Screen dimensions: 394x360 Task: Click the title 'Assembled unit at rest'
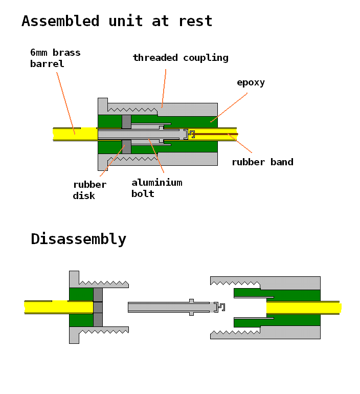click(117, 21)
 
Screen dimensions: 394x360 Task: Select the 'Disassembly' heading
click(78, 239)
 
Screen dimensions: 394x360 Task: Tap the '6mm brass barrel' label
click(55, 58)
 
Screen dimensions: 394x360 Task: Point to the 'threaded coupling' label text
click(181, 57)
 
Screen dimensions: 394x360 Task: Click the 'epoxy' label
click(251, 82)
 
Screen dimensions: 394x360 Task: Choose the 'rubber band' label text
click(262, 162)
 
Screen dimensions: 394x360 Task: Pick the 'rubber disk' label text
click(89, 190)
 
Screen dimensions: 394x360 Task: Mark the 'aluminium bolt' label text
click(156, 188)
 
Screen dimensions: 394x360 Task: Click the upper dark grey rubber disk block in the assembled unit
click(126, 122)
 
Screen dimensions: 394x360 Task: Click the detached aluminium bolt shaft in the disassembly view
click(159, 307)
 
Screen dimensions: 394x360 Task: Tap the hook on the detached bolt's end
click(220, 307)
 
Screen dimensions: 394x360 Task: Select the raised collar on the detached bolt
click(191, 307)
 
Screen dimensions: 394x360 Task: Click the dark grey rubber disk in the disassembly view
click(98, 307)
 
